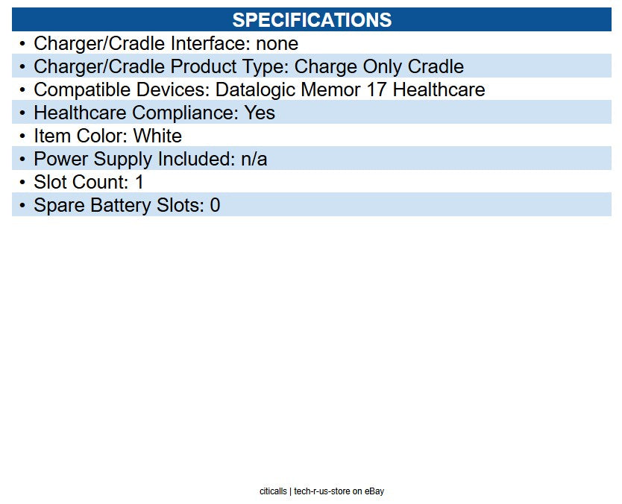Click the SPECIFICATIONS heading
312,20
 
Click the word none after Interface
277,43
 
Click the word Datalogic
256,90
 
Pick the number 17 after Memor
376,89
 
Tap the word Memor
331,89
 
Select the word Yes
260,113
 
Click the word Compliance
185,113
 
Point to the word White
157,136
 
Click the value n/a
254,159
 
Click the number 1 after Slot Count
139,183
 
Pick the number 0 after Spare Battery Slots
215,206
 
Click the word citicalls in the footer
273,491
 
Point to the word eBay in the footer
374,491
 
